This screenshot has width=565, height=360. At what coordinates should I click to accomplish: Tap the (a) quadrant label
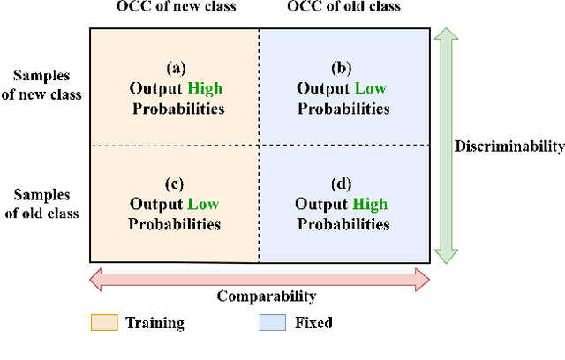176,68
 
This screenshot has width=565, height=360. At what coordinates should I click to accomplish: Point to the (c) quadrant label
174,184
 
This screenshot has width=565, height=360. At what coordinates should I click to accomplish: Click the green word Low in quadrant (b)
370,88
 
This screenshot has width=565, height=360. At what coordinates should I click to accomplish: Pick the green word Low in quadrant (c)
202,205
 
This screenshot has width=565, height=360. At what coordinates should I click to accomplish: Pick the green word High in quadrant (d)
370,205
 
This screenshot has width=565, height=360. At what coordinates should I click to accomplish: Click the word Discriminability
508,146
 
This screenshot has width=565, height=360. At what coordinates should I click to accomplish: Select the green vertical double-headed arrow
447,146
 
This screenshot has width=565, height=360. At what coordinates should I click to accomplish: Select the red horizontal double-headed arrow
260,280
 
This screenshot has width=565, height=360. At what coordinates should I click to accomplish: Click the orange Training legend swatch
103,323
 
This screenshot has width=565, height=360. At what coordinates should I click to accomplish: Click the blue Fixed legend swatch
273,323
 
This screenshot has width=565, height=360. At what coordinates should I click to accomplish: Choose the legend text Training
155,323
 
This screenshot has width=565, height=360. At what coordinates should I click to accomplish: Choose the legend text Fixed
314,323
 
